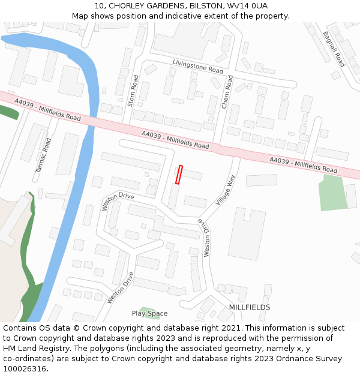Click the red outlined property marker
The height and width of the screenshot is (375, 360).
pyautogui.click(x=179, y=175)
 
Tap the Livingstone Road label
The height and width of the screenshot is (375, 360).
pyautogui.click(x=197, y=67)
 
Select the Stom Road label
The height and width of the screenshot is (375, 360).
pyautogui.click(x=133, y=91)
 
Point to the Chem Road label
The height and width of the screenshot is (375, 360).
pyautogui.click(x=226, y=92)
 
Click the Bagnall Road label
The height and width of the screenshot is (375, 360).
pyautogui.click(x=334, y=49)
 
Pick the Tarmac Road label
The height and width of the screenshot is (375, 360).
pyautogui.click(x=43, y=155)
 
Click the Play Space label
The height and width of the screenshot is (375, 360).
pyautogui.click(x=149, y=313)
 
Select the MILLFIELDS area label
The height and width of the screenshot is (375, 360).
pyautogui.click(x=250, y=307)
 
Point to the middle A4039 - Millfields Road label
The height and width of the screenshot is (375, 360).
pyautogui.click(x=175, y=140)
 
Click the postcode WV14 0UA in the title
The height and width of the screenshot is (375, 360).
pyautogui.click(x=247, y=6)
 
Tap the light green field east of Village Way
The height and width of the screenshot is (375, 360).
pyautogui.click(x=332, y=193)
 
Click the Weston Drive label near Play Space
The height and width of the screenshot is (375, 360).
pyautogui.click(x=120, y=288)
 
